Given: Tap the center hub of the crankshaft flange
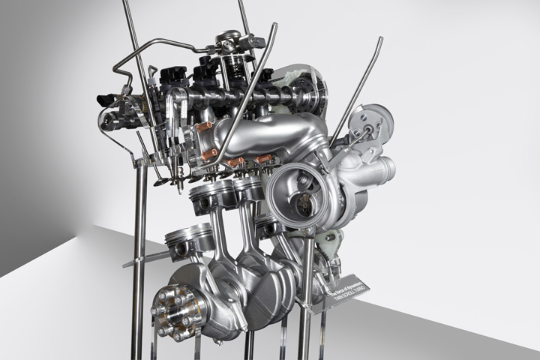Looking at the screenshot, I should pos(176,310).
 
